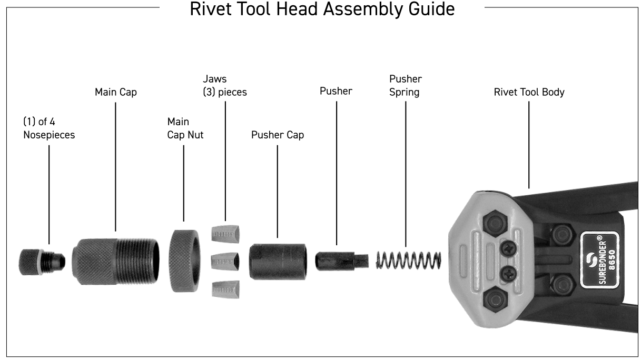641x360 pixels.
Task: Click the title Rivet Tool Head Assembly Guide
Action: click(322, 9)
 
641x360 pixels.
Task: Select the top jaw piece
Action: click(225, 233)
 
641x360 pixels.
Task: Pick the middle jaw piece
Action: click(225, 260)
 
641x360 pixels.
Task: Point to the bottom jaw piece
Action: click(225, 288)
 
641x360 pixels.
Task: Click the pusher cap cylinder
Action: click(278, 261)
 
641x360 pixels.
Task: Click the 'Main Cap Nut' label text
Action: click(185, 128)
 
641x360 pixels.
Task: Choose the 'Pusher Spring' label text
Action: click(406, 85)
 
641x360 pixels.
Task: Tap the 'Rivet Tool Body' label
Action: click(529, 92)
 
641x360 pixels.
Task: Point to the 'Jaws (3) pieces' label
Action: click(224, 85)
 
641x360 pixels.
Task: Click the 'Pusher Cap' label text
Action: click(277, 135)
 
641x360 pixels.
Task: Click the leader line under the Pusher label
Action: click(336, 168)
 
